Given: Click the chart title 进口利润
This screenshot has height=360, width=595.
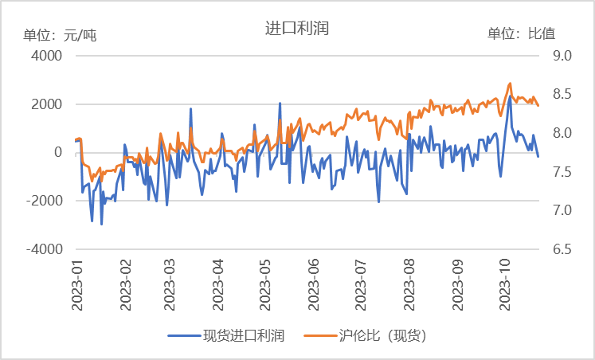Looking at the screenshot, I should click(297, 29).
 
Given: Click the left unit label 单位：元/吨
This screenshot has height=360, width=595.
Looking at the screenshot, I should click(60, 34).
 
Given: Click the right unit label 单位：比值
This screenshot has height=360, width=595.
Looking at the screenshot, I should click(521, 33).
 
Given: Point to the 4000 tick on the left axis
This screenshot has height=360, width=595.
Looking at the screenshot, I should click(46, 56).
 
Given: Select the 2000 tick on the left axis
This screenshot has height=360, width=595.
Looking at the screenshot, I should click(46, 104).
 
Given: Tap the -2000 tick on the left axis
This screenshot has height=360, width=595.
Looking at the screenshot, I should click(44, 201).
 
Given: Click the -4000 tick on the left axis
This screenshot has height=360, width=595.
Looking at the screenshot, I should click(44, 249).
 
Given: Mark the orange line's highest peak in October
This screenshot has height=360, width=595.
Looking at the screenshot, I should click(510, 83).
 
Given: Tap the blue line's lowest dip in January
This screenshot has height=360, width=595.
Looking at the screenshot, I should click(101, 225).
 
